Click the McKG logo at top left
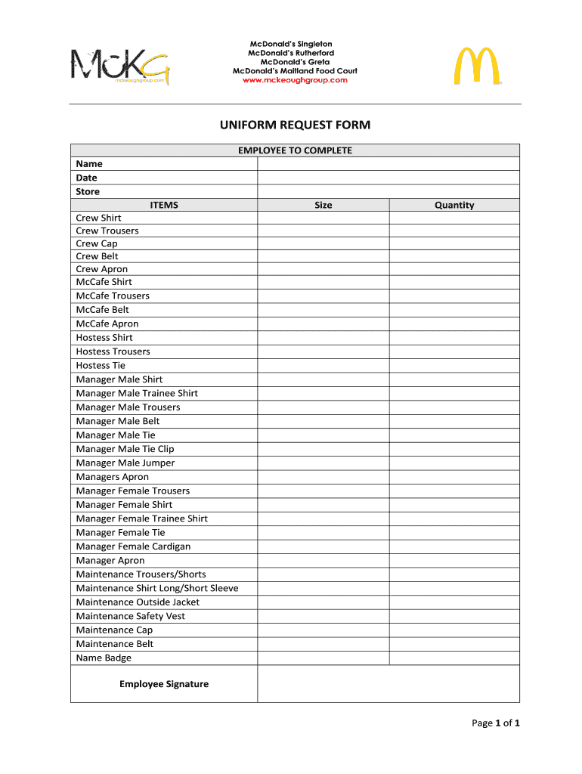pos(120,66)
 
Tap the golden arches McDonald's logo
pos(476,66)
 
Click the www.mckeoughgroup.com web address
pos(295,80)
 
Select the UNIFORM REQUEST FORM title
pos(295,125)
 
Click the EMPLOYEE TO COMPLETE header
pos(295,150)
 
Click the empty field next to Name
pos(388,164)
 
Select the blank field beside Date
pos(388,178)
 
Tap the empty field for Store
pos(388,191)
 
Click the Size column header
pos(324,205)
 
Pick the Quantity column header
pos(454,205)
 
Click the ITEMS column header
pos(164,205)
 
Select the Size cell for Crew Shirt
pos(324,218)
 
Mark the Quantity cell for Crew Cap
pos(454,243)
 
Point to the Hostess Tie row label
pos(101,365)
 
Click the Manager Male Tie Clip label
pos(125,449)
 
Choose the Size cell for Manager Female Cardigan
pos(324,546)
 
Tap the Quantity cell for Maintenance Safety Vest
pos(454,616)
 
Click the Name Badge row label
pos(104,658)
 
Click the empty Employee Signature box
pos(388,684)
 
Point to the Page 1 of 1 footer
pos(495,723)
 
